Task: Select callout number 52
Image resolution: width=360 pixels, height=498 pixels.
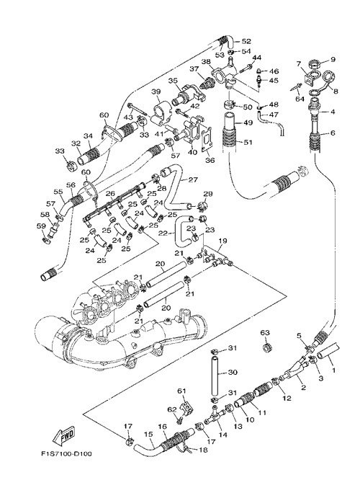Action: click(x=246, y=41)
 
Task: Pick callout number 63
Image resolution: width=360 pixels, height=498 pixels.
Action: click(x=265, y=333)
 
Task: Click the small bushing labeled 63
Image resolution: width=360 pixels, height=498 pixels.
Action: click(x=267, y=347)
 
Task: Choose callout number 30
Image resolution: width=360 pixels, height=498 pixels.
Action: click(x=233, y=372)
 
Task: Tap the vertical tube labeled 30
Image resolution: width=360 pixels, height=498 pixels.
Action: click(x=215, y=375)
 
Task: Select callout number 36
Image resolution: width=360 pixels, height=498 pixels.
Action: click(x=210, y=160)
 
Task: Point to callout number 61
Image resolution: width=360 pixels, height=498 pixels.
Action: click(x=181, y=391)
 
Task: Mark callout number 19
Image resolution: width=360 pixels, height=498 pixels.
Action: click(x=222, y=241)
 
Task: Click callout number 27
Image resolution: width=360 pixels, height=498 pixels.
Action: click(x=193, y=179)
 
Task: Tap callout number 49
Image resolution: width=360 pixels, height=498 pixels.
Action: click(x=248, y=123)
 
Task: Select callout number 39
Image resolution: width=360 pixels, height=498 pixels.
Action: click(x=156, y=92)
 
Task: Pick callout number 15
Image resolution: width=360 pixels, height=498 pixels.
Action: click(x=148, y=434)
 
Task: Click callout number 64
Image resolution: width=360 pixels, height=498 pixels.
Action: click(x=300, y=99)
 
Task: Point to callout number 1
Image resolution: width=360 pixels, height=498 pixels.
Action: click(x=333, y=370)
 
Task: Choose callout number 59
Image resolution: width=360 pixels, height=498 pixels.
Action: click(x=41, y=226)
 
